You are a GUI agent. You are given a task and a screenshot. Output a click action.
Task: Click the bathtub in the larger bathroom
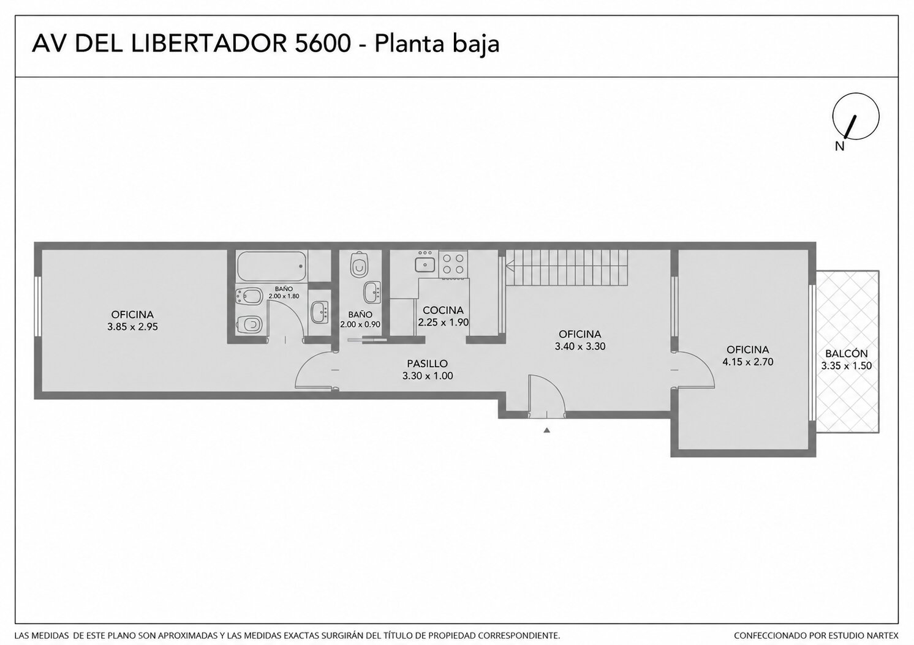(272, 266)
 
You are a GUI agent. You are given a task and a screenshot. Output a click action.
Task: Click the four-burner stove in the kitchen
(453, 264)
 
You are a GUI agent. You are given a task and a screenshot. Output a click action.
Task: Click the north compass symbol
(856, 117)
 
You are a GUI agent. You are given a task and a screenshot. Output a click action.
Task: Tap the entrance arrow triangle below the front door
(547, 430)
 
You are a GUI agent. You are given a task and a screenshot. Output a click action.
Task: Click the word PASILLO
(427, 364)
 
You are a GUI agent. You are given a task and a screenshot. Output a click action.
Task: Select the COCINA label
(443, 310)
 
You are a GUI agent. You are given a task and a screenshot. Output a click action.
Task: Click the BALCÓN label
(846, 354)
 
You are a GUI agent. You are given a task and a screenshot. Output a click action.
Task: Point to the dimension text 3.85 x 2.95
(132, 327)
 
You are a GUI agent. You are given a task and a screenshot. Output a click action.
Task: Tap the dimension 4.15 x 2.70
(748, 362)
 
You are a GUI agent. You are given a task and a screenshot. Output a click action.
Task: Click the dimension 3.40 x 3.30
(580, 346)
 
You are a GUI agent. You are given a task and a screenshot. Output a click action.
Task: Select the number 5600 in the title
(322, 43)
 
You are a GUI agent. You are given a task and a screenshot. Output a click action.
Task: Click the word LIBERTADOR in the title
(208, 43)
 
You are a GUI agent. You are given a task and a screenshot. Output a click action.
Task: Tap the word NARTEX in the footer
(885, 635)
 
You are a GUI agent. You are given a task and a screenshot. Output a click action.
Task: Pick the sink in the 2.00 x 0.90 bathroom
(372, 292)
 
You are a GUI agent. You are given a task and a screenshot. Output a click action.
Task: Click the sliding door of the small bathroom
(367, 340)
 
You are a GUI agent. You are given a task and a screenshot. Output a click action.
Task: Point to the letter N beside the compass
(839, 146)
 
